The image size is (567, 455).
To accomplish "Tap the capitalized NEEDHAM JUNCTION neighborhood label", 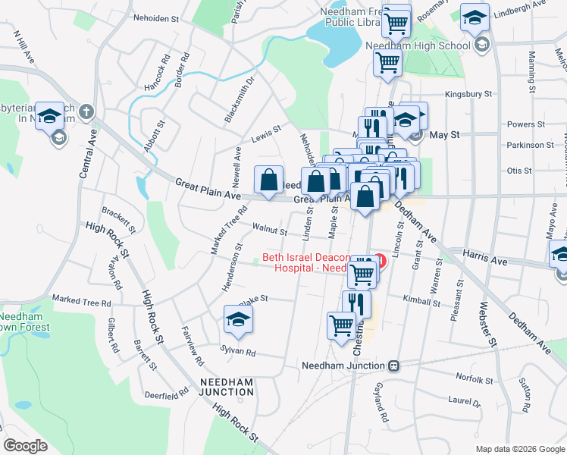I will [226, 387].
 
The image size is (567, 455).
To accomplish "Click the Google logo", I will [25, 446].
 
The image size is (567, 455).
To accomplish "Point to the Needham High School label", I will [429, 45].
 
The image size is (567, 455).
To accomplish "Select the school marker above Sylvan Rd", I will [238, 321].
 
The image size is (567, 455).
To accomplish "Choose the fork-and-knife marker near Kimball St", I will [356, 304].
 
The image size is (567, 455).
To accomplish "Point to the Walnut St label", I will [270, 230].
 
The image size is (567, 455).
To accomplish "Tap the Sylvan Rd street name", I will [237, 353].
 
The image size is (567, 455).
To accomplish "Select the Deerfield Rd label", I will [166, 395].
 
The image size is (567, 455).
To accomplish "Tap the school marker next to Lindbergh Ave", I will [475, 18].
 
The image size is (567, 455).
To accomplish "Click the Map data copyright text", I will [519, 449].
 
